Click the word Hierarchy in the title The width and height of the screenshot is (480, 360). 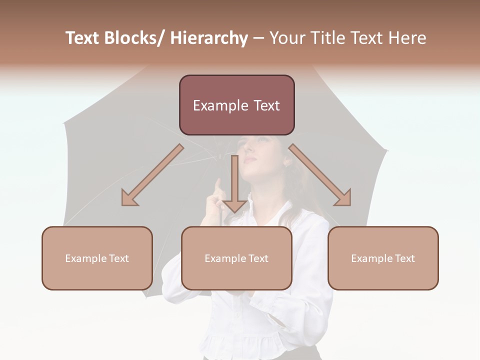[x=209, y=38]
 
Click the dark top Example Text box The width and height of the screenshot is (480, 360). [x=236, y=105]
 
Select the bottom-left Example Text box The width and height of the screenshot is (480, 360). [x=97, y=258]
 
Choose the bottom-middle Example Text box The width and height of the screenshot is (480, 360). [x=236, y=258]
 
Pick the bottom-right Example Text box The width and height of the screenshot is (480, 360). [x=383, y=258]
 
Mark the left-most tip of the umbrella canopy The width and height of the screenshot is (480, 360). [x=63, y=123]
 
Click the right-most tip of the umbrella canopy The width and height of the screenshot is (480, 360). [x=388, y=150]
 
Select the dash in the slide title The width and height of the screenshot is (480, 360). [x=258, y=38]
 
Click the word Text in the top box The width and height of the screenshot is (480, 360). [x=265, y=105]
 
